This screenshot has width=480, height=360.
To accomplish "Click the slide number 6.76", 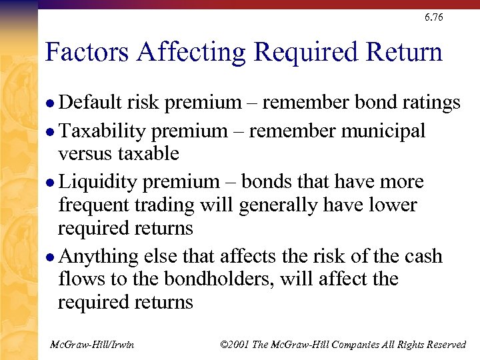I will click(433, 17).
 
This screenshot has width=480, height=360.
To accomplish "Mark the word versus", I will click(85, 154).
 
